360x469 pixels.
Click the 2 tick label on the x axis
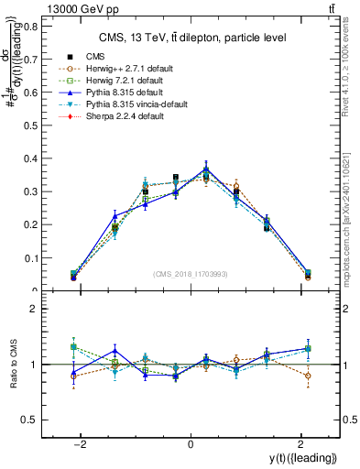[300, 443]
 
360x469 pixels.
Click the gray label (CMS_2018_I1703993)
[191, 275]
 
